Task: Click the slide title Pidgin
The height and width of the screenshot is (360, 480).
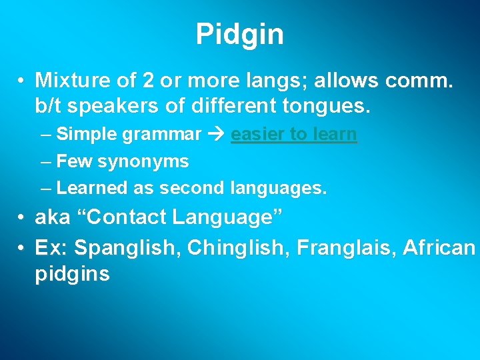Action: (240, 34)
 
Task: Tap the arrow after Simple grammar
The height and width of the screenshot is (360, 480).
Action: (216, 135)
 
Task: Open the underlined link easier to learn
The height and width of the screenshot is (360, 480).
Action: (294, 135)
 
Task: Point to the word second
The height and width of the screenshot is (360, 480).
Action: (192, 188)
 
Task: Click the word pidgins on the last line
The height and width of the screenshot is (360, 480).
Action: (72, 274)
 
